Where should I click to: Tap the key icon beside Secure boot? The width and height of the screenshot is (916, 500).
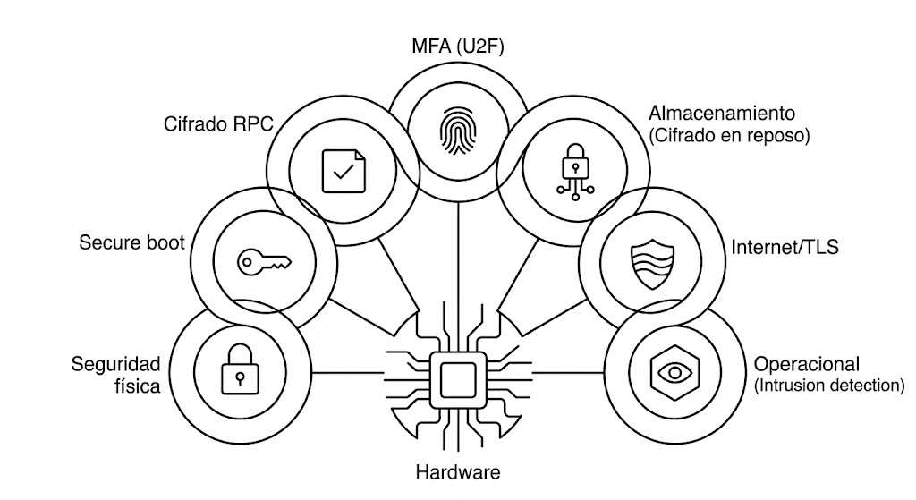pyautogui.click(x=263, y=261)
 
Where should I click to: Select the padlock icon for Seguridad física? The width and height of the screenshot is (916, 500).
pyautogui.click(x=238, y=372)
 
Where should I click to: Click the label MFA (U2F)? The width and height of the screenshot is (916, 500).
pyautogui.click(x=458, y=47)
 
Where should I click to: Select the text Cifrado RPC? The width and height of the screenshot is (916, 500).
pyautogui.click(x=217, y=124)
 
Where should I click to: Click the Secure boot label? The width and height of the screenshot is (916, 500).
pyautogui.click(x=131, y=242)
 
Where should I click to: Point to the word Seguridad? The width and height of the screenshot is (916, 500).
pyautogui.click(x=116, y=364)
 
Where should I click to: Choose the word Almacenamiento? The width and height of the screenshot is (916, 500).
pyautogui.click(x=721, y=114)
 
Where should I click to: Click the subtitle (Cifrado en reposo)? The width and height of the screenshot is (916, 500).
pyautogui.click(x=728, y=137)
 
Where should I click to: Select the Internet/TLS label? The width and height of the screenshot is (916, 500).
pyautogui.click(x=785, y=248)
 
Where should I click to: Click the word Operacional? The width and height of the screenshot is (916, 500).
pyautogui.click(x=806, y=365)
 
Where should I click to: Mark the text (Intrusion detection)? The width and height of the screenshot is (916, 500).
pyautogui.click(x=829, y=386)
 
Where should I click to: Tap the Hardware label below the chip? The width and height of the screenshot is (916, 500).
pyautogui.click(x=458, y=472)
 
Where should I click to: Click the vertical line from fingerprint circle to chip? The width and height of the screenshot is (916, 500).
pyautogui.click(x=457, y=268)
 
